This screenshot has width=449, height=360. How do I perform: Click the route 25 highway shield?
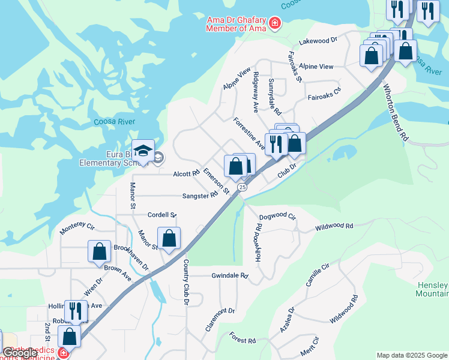(242, 187)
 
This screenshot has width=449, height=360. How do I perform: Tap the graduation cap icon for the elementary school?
(143, 151)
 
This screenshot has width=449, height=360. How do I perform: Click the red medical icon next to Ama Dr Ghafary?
(275, 23)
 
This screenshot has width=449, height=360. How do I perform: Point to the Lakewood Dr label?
(318, 41)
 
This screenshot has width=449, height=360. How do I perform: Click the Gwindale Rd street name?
(229, 275)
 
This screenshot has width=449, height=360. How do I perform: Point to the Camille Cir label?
(318, 274)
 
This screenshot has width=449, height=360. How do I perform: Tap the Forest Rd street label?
(243, 340)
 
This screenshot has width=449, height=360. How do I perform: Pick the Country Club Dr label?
(186, 283)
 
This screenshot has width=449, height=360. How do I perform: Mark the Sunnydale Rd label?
(274, 96)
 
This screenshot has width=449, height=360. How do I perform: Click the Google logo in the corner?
(20, 353)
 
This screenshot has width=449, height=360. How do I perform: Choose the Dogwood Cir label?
(277, 216)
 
